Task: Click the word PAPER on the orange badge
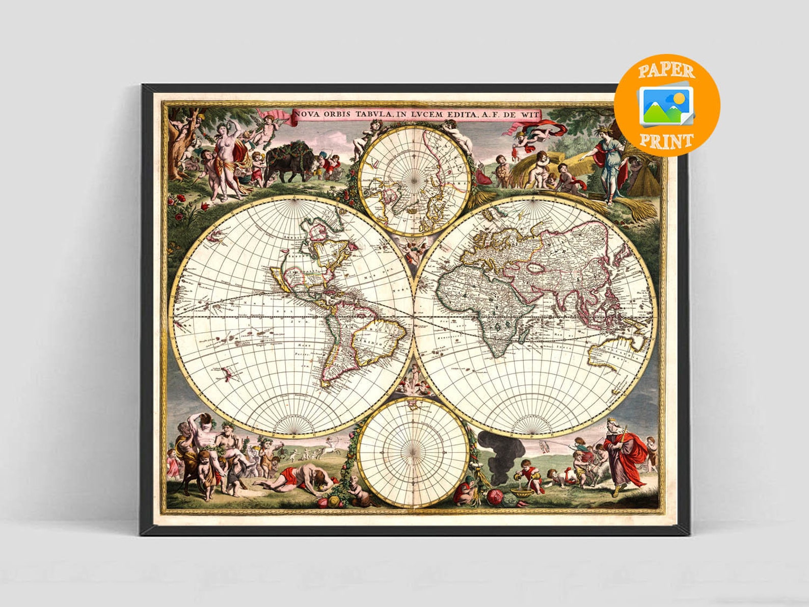[x=666, y=70]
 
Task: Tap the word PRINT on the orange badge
[x=666, y=141]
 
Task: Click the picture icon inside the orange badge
[x=667, y=105]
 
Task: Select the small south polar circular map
[x=413, y=452]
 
